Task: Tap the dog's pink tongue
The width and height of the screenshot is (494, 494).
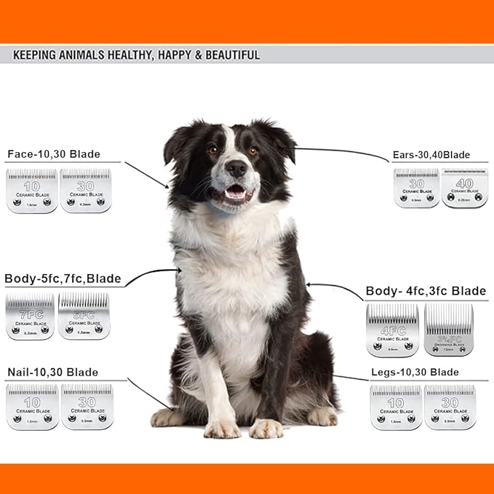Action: (234, 194)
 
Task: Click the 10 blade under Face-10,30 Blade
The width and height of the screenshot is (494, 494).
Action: (31, 191)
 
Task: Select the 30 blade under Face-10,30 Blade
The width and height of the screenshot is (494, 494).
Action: (85, 191)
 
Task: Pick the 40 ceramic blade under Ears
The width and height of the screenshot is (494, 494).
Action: (463, 188)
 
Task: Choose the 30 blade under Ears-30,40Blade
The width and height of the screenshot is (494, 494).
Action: (416, 188)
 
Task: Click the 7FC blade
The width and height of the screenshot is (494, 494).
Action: (30, 316)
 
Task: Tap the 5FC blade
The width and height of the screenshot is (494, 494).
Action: (84, 316)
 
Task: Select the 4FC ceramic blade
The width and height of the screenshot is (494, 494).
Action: (392, 330)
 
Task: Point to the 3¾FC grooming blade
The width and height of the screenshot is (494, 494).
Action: (448, 330)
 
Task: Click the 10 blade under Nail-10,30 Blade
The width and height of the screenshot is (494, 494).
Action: (32, 406)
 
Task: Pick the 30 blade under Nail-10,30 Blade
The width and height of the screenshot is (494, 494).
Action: (87, 406)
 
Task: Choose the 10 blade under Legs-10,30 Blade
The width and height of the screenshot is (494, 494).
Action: (395, 407)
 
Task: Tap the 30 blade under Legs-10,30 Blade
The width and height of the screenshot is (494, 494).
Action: (450, 407)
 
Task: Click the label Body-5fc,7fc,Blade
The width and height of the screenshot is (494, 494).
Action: (63, 279)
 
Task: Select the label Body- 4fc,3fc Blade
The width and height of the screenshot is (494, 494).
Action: (426, 291)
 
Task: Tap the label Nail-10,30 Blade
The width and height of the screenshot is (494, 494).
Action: (52, 372)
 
